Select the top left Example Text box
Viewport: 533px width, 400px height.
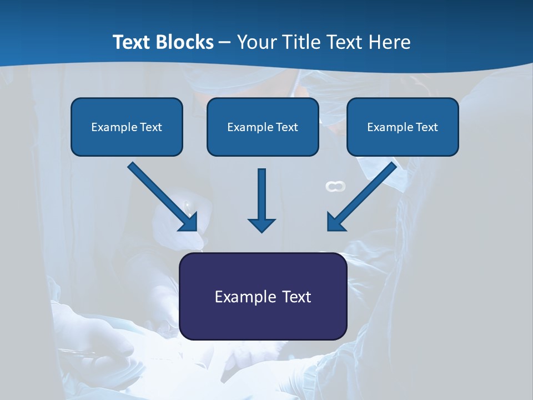click(127, 127)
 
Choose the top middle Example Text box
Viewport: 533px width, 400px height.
click(263, 127)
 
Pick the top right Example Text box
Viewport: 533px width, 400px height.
click(403, 127)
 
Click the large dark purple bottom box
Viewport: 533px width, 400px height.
click(263, 296)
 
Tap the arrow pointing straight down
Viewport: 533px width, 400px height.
click(262, 200)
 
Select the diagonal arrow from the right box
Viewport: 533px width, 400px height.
click(361, 197)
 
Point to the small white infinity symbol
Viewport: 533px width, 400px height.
click(335, 187)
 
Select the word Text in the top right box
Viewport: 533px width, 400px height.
click(427, 127)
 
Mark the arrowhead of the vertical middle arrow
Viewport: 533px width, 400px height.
click(262, 224)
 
